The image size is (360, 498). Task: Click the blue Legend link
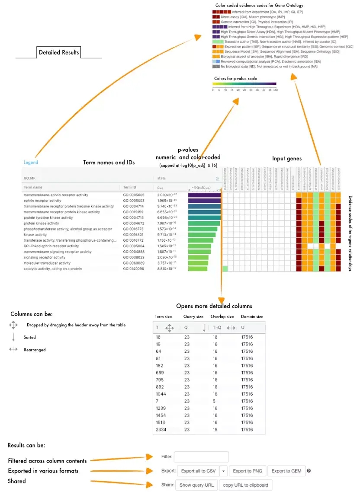pyautogui.click(x=31, y=163)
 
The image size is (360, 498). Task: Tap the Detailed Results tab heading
pyautogui.click(x=59, y=52)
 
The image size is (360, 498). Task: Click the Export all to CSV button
pyautogui.click(x=198, y=471)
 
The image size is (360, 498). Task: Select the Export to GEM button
pyautogui.click(x=287, y=471)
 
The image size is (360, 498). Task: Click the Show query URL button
pyautogui.click(x=196, y=485)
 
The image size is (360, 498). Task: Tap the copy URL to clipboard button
pyautogui.click(x=245, y=485)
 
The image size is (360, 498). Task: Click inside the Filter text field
pyautogui.click(x=201, y=456)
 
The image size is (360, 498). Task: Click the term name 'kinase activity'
pyautogui.click(x=35, y=235)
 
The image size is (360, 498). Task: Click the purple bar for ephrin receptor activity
pyautogui.click(x=204, y=201)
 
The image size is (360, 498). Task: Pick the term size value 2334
pyautogui.click(x=161, y=430)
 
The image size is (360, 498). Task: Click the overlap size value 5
pyautogui.click(x=215, y=401)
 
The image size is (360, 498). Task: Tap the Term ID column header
pyautogui.click(x=130, y=188)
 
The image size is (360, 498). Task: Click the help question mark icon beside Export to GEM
pyautogui.click(x=309, y=471)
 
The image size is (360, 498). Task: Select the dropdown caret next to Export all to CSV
pyautogui.click(x=223, y=471)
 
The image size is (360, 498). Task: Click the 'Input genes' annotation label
pyautogui.click(x=287, y=159)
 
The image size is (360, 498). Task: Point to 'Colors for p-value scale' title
pyautogui.click(x=235, y=79)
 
